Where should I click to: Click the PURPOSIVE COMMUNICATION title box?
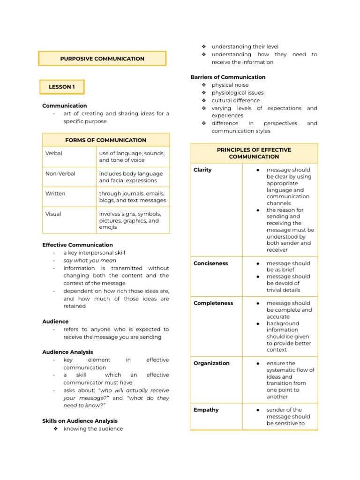point(102,59)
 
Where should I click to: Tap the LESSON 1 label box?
point(62,87)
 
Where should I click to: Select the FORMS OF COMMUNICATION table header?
point(106,140)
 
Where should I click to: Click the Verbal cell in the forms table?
point(54,153)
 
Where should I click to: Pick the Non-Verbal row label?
point(60,173)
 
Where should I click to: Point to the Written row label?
point(55,194)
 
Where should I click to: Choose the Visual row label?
point(53,214)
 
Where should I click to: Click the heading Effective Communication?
point(77,245)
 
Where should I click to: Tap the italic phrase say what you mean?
point(90,260)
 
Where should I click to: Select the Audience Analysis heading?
point(67,352)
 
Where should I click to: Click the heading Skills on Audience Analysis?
point(80,421)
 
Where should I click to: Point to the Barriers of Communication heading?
point(228,77)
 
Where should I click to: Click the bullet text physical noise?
point(230,85)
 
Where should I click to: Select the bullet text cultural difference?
point(235,100)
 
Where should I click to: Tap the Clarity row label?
point(202,170)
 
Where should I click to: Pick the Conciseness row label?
point(210,263)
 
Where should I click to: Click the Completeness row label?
point(213,303)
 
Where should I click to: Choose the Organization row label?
point(211,363)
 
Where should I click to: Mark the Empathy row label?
point(206,410)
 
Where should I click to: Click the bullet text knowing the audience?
point(93,428)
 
